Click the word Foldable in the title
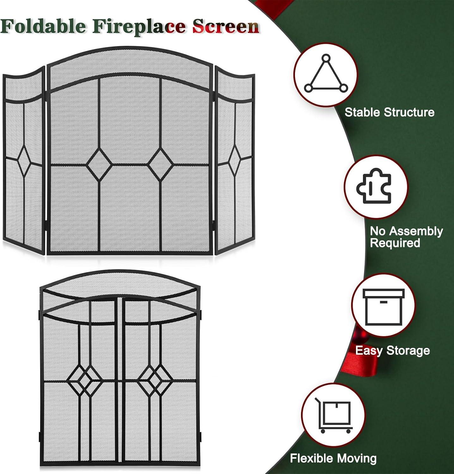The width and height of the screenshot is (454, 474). (x=43, y=26)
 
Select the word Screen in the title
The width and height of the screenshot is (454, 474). (x=226, y=26)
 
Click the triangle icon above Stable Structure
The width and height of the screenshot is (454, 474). (x=326, y=75)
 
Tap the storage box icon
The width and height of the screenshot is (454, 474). (x=383, y=306)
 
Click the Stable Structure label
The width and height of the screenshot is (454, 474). (x=389, y=112)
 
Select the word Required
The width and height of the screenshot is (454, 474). (x=395, y=243)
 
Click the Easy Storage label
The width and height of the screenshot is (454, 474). (x=392, y=350)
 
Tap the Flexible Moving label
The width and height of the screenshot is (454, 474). (x=333, y=458)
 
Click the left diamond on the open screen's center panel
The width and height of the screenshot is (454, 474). (x=99, y=165)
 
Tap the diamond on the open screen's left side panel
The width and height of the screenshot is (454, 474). (x=24, y=161)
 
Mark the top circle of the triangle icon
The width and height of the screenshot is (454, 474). (x=326, y=59)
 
